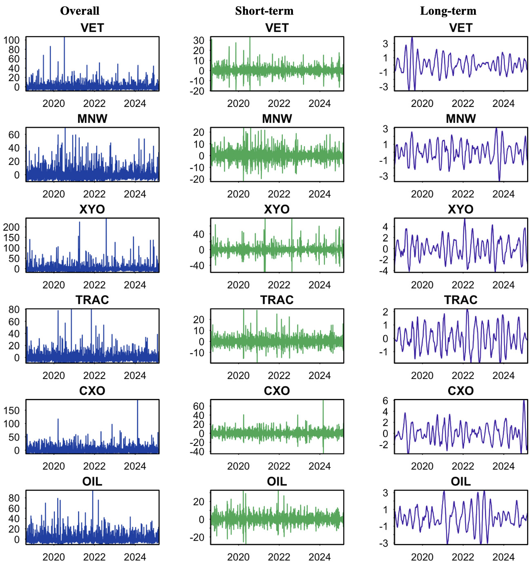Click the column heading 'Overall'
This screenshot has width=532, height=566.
[80, 11]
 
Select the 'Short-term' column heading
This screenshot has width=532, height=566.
[264, 11]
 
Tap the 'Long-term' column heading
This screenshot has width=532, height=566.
[448, 11]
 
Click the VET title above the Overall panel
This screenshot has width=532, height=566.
[92, 28]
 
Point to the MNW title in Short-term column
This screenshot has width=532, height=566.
[277, 118]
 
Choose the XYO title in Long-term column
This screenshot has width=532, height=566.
[460, 209]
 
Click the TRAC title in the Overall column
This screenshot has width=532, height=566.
[92, 300]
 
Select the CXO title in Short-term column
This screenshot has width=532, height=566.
[277, 391]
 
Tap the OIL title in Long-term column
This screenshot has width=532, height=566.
[460, 481]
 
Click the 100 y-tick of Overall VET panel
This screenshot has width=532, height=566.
[11, 40]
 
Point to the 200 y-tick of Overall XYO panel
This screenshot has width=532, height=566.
[11, 227]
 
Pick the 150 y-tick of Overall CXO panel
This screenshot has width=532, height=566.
[11, 410]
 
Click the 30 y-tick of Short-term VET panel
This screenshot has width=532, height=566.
[199, 40]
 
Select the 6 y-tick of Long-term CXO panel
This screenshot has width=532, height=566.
[385, 401]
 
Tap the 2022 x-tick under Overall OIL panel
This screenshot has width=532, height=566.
[94, 557]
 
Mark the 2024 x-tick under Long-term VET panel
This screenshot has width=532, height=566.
[503, 103]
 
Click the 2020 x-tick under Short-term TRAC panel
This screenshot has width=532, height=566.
[238, 375]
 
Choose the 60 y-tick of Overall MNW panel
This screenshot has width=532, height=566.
[14, 135]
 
